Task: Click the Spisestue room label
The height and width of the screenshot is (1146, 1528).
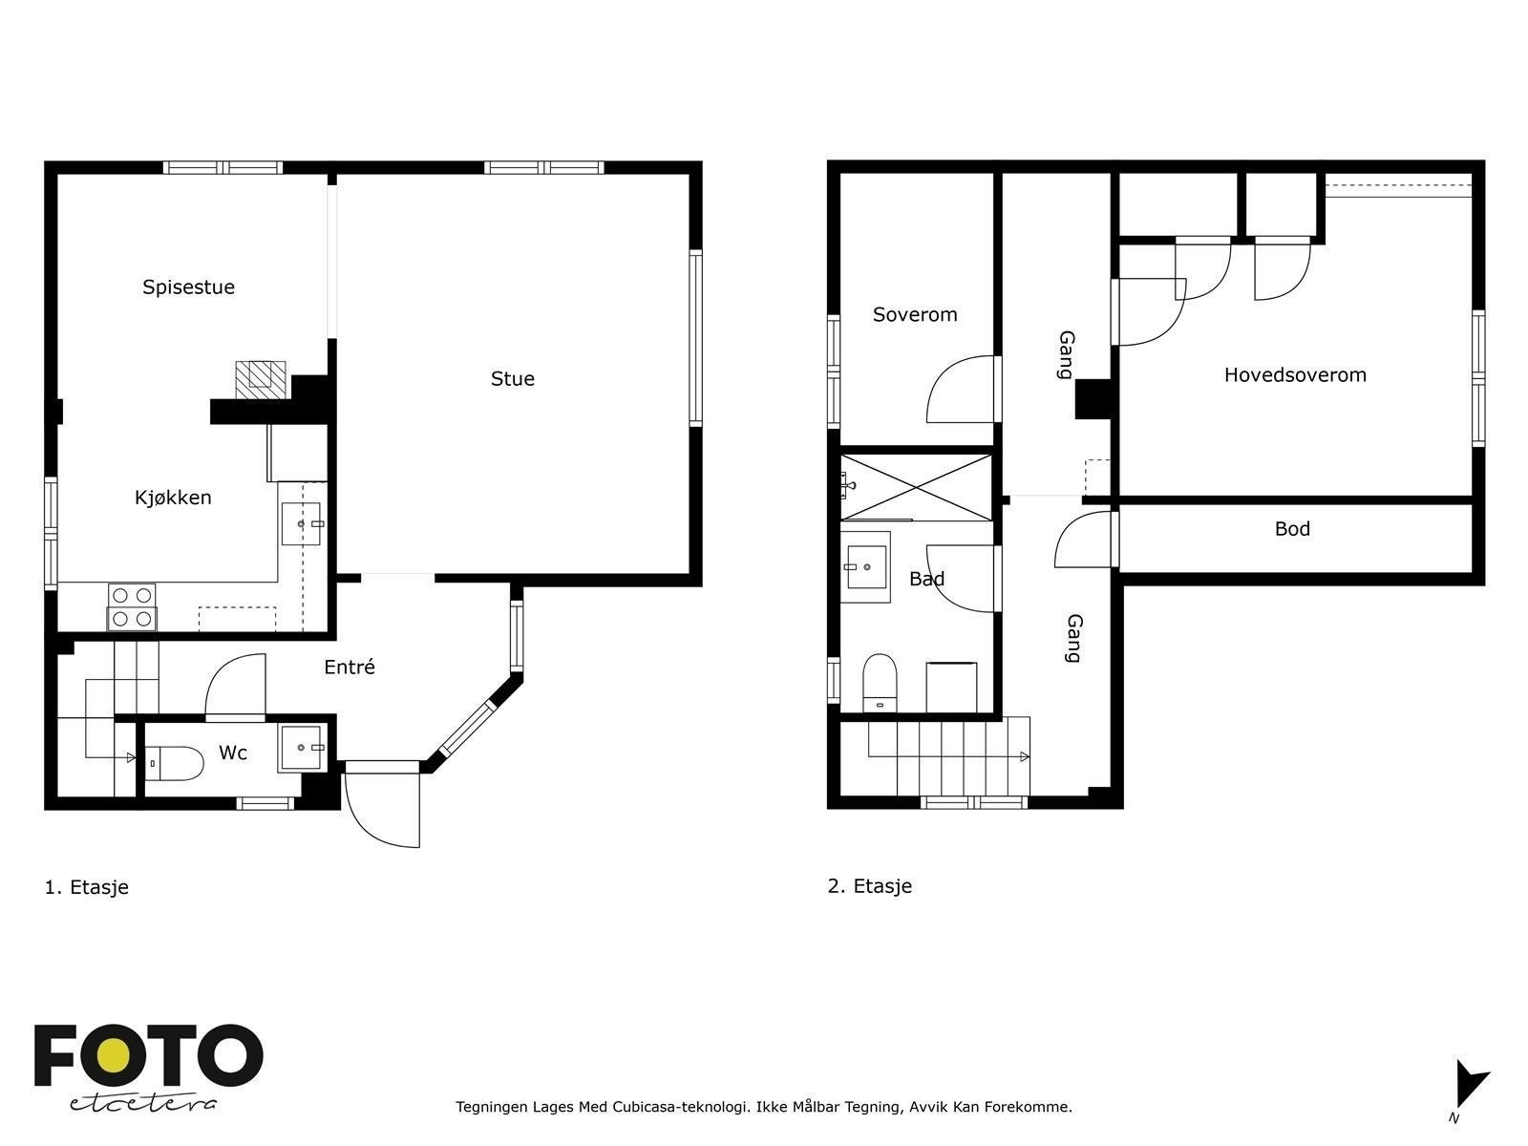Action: [x=189, y=287]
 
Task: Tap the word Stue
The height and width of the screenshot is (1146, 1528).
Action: [x=512, y=379]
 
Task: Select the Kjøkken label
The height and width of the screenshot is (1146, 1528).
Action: [x=173, y=498]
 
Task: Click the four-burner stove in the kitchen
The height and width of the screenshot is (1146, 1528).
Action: [x=132, y=607]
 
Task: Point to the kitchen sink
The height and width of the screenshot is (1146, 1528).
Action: [x=302, y=524]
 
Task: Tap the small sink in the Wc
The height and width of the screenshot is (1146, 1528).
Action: [x=302, y=748]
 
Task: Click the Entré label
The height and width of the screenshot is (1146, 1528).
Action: [x=350, y=668]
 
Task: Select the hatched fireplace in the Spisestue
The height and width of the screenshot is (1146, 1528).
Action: [x=261, y=380]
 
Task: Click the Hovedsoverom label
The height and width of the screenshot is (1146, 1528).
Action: [x=1295, y=375]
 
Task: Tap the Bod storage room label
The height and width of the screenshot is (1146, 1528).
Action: [x=1292, y=529]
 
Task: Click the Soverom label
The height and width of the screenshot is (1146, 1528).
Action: [x=915, y=314]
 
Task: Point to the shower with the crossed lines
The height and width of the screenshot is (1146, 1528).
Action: [x=916, y=487]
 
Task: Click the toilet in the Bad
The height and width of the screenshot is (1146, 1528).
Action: [x=880, y=683]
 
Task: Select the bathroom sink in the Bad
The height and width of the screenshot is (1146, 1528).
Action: [x=865, y=567]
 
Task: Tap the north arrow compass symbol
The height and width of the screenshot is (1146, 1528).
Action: [x=1471, y=1089]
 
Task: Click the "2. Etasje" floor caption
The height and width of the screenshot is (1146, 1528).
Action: [x=869, y=886]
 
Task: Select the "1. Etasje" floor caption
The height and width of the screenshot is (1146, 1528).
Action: [x=86, y=887]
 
